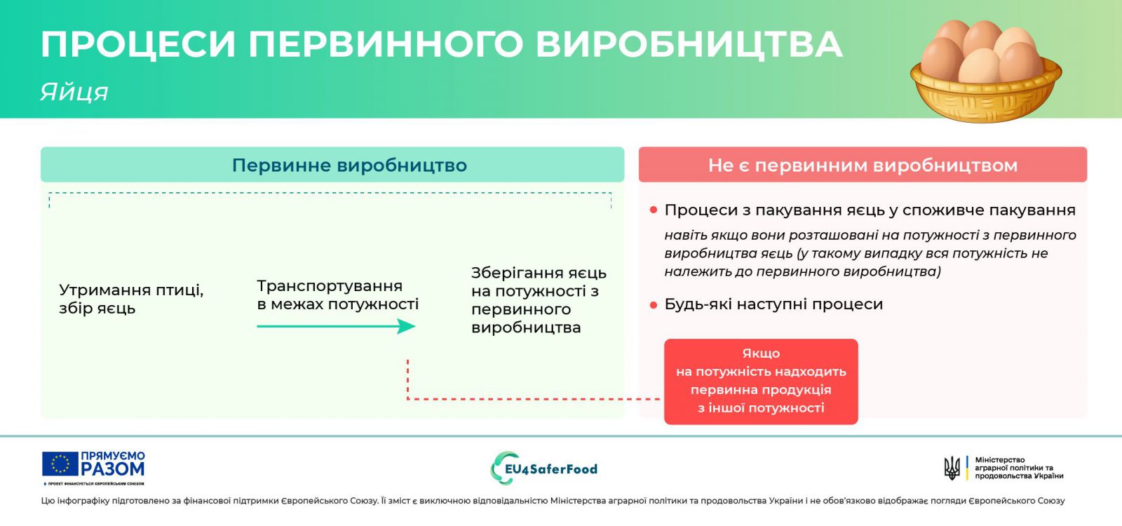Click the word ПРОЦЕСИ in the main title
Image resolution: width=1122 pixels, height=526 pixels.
[x=138, y=45]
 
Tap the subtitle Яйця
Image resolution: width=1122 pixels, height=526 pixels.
[x=74, y=92]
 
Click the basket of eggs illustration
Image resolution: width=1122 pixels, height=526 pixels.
[x=986, y=71]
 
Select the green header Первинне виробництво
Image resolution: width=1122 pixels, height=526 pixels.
[x=349, y=166]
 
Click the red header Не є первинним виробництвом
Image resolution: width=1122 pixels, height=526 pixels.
[x=863, y=166]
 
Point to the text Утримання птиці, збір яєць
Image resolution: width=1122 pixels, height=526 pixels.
[x=131, y=299]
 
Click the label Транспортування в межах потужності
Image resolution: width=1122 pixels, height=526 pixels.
[x=337, y=295]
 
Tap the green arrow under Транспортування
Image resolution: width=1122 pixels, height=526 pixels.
[x=336, y=327]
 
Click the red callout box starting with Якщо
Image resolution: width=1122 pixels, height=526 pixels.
[x=761, y=382]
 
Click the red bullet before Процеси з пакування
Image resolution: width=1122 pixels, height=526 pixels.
[x=653, y=210]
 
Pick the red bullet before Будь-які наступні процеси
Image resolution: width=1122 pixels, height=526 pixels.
[x=653, y=304]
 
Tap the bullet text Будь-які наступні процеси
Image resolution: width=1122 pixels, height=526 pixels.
[x=773, y=304]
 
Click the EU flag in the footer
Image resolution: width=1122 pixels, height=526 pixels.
[x=60, y=464]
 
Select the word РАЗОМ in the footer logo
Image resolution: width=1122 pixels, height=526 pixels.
[x=113, y=469]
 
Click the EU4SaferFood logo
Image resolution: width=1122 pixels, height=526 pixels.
[x=544, y=468]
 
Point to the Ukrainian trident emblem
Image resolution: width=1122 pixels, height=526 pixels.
[x=952, y=468]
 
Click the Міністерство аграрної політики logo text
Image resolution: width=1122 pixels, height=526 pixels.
[x=1019, y=468]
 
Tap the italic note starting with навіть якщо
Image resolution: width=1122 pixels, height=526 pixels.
[x=870, y=253]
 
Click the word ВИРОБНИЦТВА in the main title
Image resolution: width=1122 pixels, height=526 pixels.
[x=689, y=45]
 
